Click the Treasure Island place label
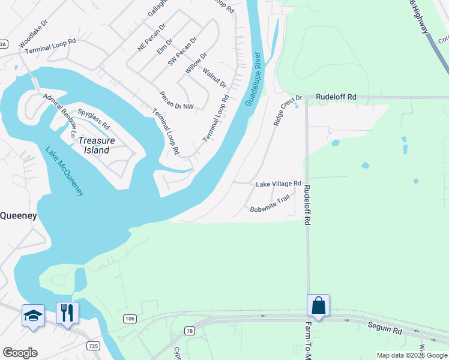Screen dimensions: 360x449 tap(94, 145)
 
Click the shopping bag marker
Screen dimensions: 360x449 tap(318, 305)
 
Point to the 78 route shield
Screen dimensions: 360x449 tap(189, 331)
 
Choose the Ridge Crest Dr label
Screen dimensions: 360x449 tap(288, 110)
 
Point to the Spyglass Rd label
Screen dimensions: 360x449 tap(94, 119)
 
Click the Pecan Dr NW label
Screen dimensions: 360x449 tap(176, 100)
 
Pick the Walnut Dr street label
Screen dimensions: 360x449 tap(214, 77)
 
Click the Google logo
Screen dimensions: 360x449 tap(20, 353)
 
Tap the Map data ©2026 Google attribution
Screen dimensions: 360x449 tap(412, 355)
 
